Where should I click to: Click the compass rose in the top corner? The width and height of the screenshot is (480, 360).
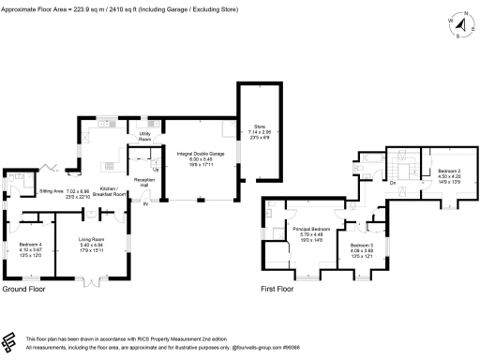pyautogui.click(x=457, y=22)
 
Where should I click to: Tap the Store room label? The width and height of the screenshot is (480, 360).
pyautogui.click(x=260, y=127)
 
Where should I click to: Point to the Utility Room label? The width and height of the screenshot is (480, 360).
pyautogui.click(x=145, y=134)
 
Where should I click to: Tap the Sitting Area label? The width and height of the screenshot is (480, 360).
pyautogui.click(x=51, y=190)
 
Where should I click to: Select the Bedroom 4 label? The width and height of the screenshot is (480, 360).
pyautogui.click(x=30, y=245)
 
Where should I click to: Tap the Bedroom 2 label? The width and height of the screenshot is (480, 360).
pyautogui.click(x=449, y=171)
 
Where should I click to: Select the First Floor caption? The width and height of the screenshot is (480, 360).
pyautogui.click(x=277, y=291)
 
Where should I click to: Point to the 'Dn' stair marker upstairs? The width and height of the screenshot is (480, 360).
pyautogui.click(x=393, y=182)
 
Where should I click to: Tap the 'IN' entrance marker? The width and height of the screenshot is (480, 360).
pyautogui.click(x=145, y=203)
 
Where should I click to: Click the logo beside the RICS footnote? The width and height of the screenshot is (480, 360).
pyautogui.click(x=11, y=341)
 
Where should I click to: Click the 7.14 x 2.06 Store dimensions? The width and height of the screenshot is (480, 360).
pyautogui.click(x=260, y=133)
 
